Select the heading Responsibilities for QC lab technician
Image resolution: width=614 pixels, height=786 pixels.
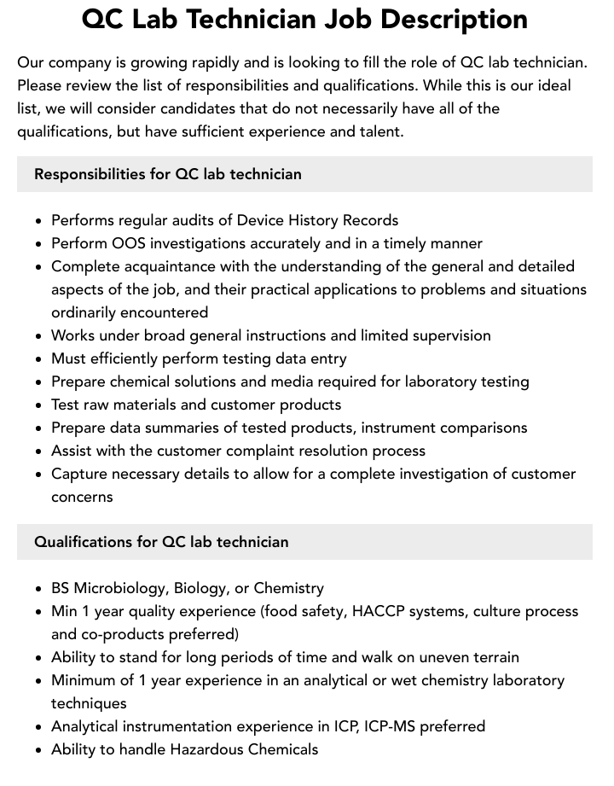point(167,174)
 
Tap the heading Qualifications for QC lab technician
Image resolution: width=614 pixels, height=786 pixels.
point(161,542)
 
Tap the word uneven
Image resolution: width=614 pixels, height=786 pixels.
point(434,657)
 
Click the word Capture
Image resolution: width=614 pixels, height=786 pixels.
point(79,474)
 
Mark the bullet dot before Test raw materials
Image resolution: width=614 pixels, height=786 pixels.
point(39,405)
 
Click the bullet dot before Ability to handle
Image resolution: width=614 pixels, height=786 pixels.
point(39,750)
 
